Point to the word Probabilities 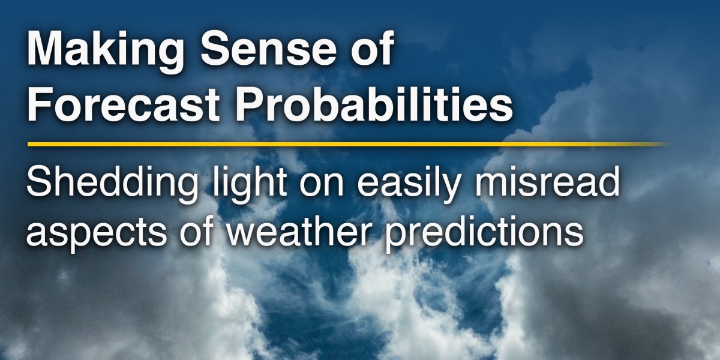[x=374, y=103]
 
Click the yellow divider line [x=349, y=145]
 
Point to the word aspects [x=96, y=232]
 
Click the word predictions [x=484, y=232]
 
